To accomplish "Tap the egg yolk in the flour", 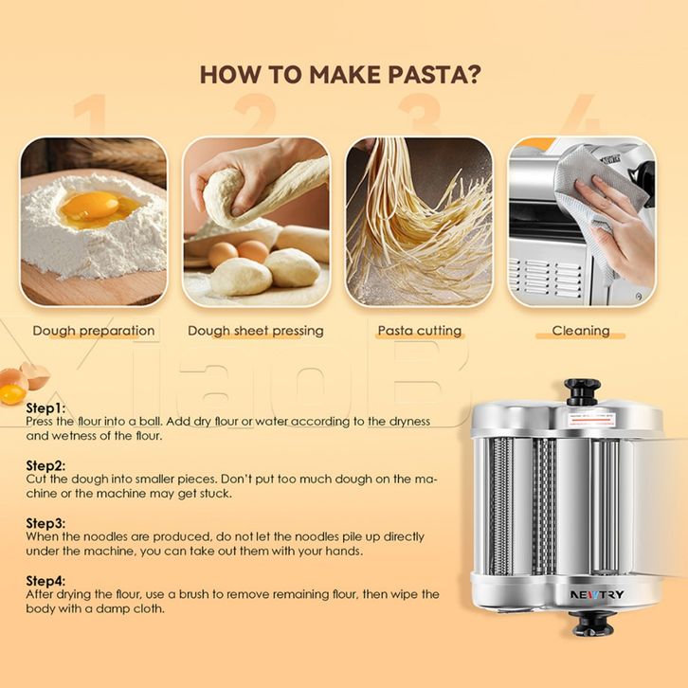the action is pyautogui.click(x=89, y=207).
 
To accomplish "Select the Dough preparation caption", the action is pyautogui.click(x=94, y=331).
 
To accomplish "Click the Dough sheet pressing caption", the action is pyautogui.click(x=255, y=331).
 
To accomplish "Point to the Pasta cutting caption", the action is pyautogui.click(x=420, y=331).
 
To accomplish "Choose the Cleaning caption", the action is pyautogui.click(x=581, y=331).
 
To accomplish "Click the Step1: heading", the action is pyautogui.click(x=45, y=408).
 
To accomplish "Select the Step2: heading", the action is pyautogui.click(x=45, y=465).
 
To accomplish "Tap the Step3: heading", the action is pyautogui.click(x=45, y=523).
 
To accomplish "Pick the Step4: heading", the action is pyautogui.click(x=45, y=581).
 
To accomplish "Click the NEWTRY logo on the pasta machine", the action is pyautogui.click(x=597, y=595).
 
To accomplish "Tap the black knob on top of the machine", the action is pyautogui.click(x=582, y=391).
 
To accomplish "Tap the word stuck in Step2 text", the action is pyautogui.click(x=215, y=493).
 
